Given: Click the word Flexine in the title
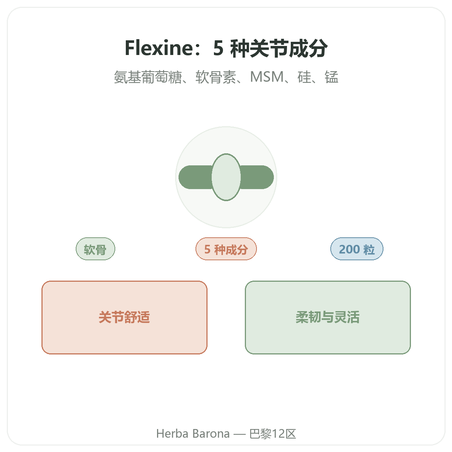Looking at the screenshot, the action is [x=159, y=48].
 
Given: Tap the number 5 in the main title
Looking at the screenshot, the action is [x=218, y=48].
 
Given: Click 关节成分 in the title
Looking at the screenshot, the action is [x=279, y=48].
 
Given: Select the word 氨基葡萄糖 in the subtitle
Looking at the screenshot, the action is [x=148, y=77].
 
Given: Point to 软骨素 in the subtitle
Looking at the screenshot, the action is [x=216, y=77].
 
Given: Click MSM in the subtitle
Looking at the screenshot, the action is [x=267, y=77].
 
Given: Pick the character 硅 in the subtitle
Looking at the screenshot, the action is [x=304, y=77].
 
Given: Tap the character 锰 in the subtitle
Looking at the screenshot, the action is [x=331, y=77].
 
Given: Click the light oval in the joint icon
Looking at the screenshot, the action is [x=226, y=177].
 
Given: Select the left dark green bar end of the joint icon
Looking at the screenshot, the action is [x=195, y=177].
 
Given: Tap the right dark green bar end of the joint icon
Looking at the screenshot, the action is [x=257, y=177].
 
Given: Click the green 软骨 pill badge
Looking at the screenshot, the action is [x=95, y=249].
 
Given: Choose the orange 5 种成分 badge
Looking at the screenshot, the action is [x=226, y=249].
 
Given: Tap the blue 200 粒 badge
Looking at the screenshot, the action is [x=357, y=249].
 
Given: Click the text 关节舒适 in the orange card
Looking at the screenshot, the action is [x=124, y=317].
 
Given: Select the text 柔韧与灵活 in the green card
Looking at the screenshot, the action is [x=328, y=317].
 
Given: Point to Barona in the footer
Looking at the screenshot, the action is [x=211, y=434].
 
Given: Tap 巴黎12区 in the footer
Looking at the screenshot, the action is [x=273, y=434].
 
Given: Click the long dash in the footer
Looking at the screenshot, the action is [x=240, y=434].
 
